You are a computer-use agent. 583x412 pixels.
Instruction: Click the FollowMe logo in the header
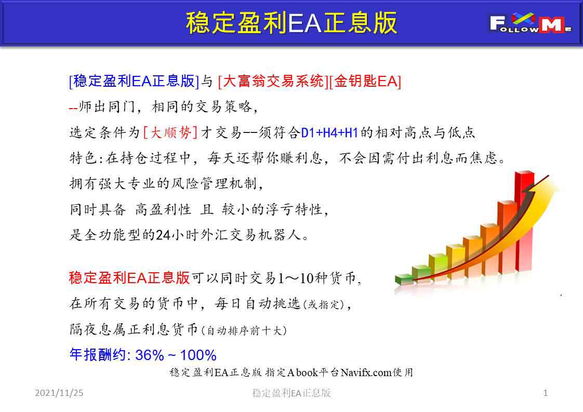[x=531, y=23]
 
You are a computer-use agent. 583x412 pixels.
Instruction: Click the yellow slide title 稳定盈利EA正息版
[x=291, y=23]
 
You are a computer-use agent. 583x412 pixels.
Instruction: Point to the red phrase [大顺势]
[x=170, y=132]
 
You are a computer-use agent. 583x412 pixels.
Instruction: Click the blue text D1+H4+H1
[x=329, y=132]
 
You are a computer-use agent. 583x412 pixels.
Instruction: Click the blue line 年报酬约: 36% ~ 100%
[x=143, y=355]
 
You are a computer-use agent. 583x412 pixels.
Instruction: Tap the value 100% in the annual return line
[x=198, y=355]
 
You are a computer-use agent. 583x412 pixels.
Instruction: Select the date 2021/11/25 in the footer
[x=59, y=393]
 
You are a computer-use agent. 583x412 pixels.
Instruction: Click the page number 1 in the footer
[x=546, y=393]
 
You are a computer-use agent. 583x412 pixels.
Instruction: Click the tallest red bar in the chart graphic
[x=524, y=219]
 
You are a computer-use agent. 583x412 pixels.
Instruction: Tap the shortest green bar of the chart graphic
[x=404, y=280]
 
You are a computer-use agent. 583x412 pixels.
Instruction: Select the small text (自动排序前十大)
[x=244, y=330]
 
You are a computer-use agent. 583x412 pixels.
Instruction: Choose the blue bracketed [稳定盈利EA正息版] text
[x=134, y=81]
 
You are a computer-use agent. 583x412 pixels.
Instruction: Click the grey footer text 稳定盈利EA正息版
[x=291, y=393]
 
